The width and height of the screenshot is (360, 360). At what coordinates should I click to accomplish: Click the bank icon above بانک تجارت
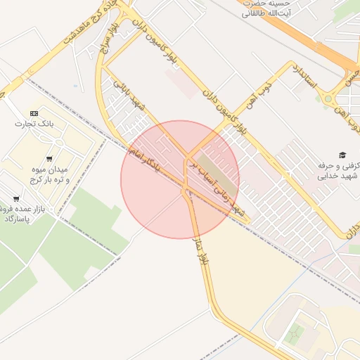pyautogui.click(x=34, y=113)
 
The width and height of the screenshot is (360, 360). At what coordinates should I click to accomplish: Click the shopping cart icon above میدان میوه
pyautogui.click(x=49, y=158)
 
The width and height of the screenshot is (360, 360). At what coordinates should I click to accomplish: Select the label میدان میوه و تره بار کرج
pyautogui.click(x=49, y=175)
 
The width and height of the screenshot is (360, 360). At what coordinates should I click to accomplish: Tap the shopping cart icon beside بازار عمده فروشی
pyautogui.click(x=15, y=199)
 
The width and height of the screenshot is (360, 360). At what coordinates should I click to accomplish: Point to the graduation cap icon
pyautogui.click(x=342, y=155)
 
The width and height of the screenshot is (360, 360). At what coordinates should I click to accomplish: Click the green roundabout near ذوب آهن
pyautogui.click(x=328, y=98)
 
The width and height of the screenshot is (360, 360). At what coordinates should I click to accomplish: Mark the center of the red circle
pyautogui.click(x=180, y=179)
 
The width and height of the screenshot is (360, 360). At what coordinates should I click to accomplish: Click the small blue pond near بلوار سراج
pyautogui.click(x=76, y=86)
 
